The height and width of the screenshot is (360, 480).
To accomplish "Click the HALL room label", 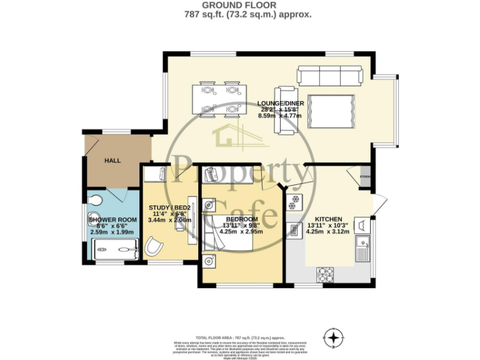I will coord(112,161).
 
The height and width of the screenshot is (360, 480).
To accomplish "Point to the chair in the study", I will coord(152,247).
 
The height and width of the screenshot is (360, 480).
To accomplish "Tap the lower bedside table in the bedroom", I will coord(208,259).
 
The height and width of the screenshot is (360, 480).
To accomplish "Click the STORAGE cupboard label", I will coord(366,177).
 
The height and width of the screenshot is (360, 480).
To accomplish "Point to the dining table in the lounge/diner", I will coord(217,99).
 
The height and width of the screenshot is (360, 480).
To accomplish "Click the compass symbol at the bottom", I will coord(336,338).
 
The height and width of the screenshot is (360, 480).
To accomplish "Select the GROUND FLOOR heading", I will coord(240,5).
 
